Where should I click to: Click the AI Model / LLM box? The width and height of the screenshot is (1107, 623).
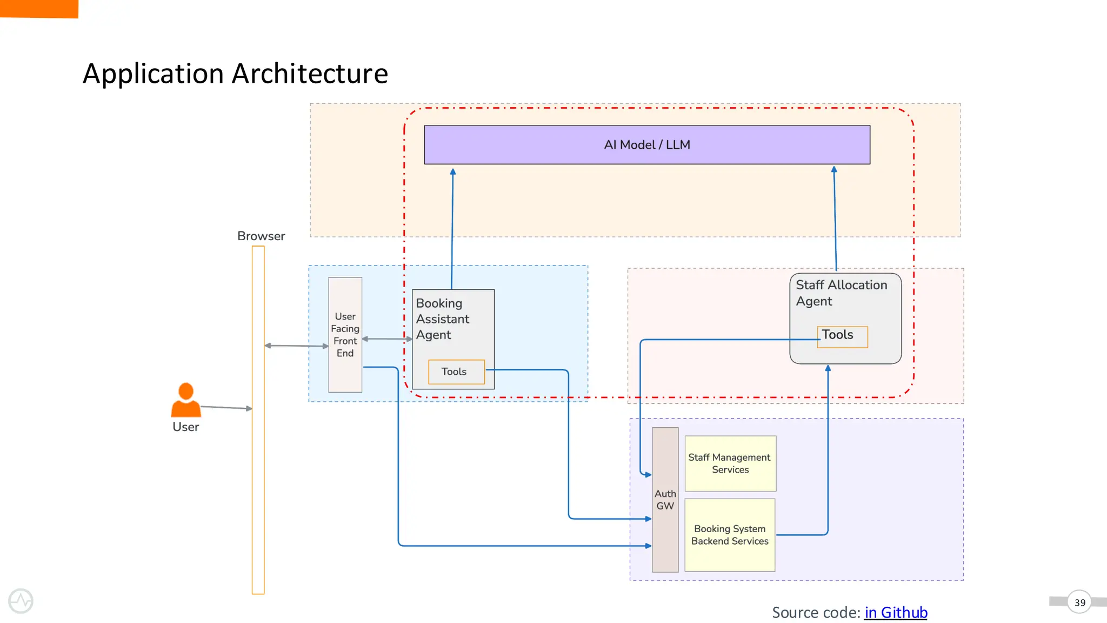(x=647, y=145)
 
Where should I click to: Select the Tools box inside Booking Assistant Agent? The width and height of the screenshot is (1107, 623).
(x=456, y=372)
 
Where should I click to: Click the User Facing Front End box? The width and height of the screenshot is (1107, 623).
(x=345, y=335)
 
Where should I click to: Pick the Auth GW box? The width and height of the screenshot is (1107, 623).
(x=665, y=500)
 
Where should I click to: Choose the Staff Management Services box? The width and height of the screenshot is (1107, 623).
(x=730, y=463)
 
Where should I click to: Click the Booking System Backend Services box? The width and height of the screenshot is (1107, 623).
(x=730, y=535)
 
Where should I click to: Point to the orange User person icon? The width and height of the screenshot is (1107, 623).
(x=186, y=400)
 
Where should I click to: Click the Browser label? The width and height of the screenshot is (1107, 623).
(x=261, y=236)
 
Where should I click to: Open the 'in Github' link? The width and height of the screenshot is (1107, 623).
(x=896, y=613)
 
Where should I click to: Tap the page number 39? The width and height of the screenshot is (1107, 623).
(x=1079, y=602)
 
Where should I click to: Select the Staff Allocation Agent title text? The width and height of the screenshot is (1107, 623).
(x=841, y=293)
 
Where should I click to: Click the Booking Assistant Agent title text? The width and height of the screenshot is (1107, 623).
(x=442, y=319)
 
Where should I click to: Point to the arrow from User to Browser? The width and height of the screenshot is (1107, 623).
(x=226, y=407)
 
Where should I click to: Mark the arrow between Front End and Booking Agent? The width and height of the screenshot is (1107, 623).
(x=387, y=339)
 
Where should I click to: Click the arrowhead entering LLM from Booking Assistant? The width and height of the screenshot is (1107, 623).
(x=453, y=172)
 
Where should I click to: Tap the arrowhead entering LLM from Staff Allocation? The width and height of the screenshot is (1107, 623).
(x=834, y=170)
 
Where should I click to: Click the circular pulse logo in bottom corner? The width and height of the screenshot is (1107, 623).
(x=21, y=601)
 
